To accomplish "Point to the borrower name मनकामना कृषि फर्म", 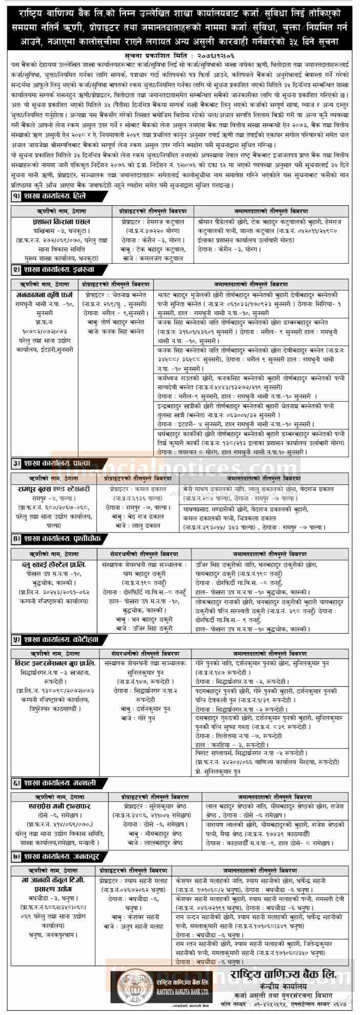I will [x=45, y=295].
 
